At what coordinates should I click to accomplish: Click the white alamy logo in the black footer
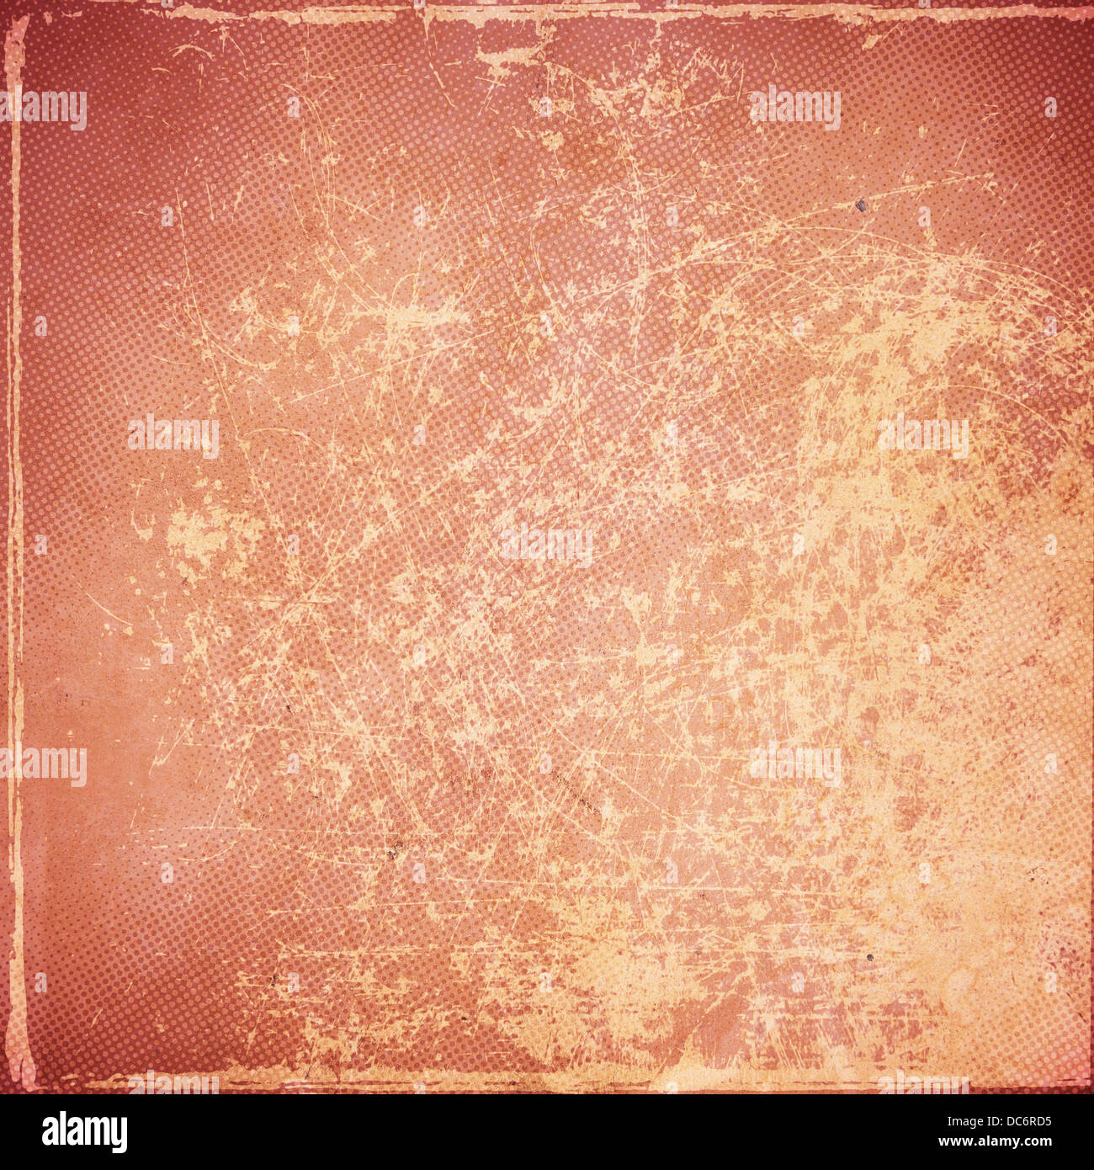(84, 1132)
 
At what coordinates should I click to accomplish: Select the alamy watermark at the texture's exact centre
(547, 545)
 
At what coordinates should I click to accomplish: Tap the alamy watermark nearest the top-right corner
(794, 108)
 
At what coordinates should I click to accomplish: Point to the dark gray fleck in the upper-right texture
(861, 205)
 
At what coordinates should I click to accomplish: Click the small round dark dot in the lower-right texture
(869, 957)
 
